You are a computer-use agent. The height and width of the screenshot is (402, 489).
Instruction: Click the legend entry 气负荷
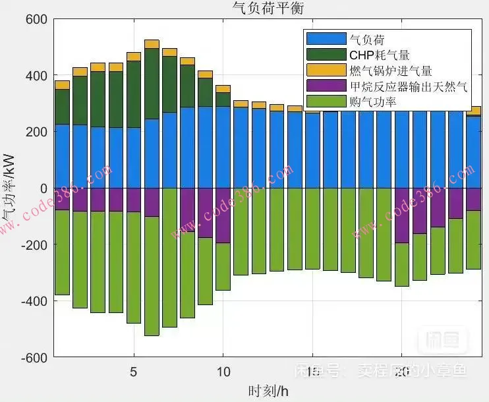(367, 40)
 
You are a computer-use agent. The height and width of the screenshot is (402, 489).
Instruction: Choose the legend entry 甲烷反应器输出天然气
(409, 86)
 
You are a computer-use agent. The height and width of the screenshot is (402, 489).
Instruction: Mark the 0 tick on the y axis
(43, 188)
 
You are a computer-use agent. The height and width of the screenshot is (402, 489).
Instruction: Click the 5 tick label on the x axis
(134, 371)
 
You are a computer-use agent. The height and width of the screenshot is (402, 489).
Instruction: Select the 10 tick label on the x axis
(223, 371)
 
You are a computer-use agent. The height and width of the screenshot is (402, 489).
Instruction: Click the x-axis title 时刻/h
(268, 391)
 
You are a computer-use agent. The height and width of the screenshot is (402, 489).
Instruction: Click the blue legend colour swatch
(326, 40)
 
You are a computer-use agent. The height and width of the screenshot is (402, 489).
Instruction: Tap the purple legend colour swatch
(326, 86)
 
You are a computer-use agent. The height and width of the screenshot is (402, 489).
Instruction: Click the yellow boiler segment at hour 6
(152, 44)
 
